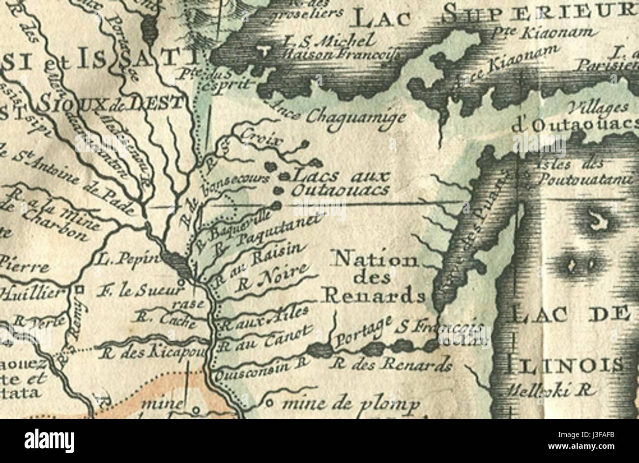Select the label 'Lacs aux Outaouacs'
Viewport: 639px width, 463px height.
[x=339, y=183]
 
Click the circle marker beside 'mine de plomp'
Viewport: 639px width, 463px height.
[x=268, y=404]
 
